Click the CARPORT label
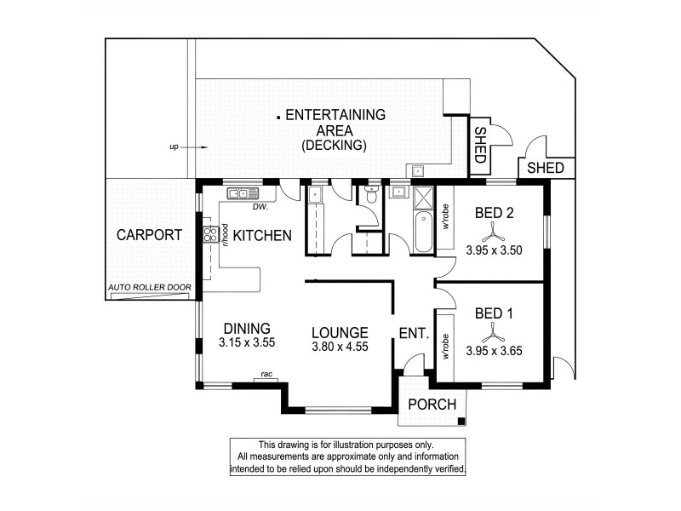149,235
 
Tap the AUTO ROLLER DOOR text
150,288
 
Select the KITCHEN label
263,235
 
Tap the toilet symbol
372,197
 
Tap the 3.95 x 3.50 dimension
493,250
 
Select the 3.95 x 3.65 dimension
493,349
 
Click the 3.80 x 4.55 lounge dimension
339,347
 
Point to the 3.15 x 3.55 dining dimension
247,343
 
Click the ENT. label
413,334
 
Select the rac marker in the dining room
266,374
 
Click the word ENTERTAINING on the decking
335,115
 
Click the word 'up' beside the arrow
174,147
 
